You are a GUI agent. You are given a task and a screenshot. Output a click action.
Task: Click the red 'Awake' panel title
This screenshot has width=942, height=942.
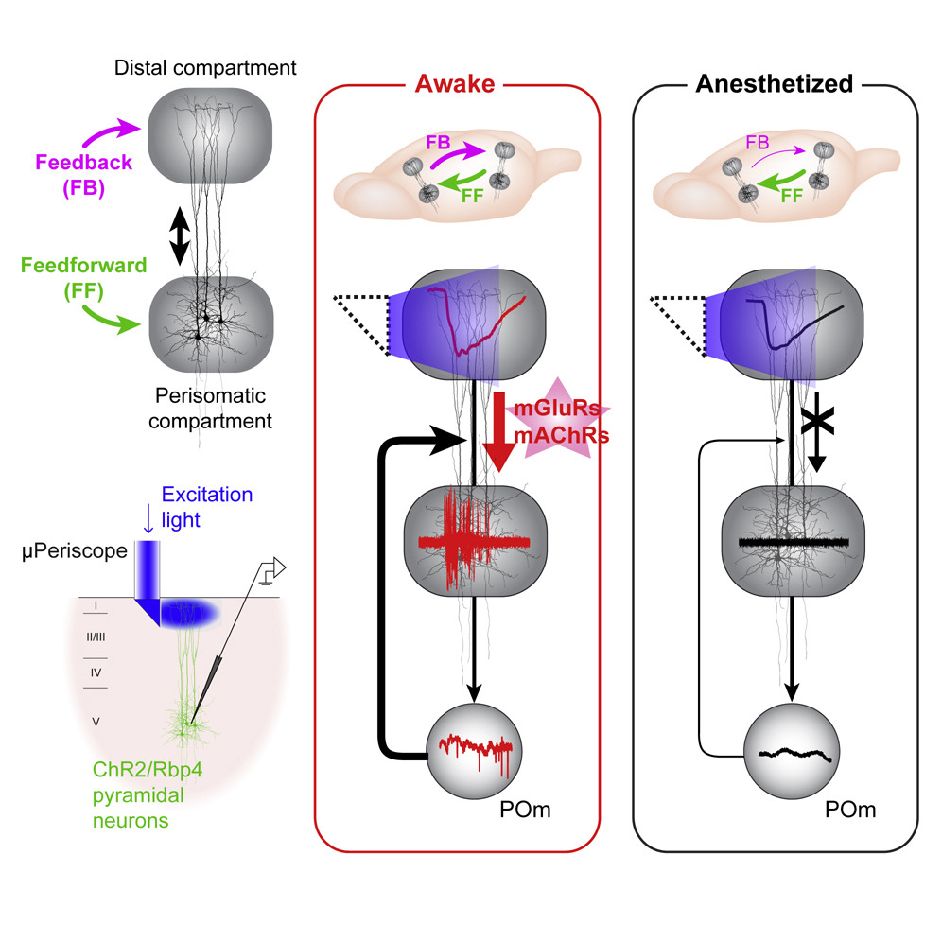455,84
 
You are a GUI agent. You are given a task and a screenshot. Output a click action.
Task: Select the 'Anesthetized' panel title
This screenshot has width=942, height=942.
774,84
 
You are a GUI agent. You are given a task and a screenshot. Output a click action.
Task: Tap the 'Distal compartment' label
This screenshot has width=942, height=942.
205,68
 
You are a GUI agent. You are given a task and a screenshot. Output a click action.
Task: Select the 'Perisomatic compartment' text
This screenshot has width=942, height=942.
204,409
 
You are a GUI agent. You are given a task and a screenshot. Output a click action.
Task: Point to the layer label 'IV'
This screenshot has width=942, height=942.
95,672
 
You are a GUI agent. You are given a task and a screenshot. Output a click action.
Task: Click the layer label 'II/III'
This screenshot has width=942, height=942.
96,637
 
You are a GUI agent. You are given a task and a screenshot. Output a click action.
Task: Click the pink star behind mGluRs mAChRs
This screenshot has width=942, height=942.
559,422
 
